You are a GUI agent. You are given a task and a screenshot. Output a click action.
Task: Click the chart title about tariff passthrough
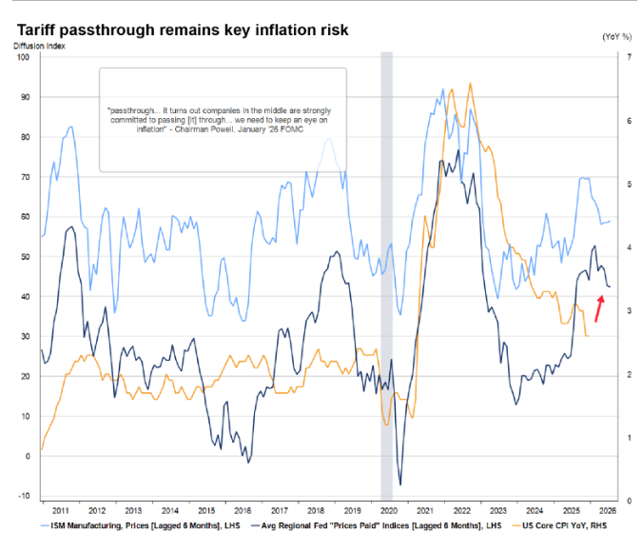click(x=181, y=30)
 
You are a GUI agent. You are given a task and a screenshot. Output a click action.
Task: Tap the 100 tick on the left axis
click(x=24, y=57)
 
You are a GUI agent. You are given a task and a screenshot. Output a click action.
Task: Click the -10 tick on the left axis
click(x=24, y=496)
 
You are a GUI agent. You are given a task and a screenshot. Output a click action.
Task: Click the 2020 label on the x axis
click(x=387, y=509)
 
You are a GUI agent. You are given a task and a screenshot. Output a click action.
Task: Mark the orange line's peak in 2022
click(x=469, y=84)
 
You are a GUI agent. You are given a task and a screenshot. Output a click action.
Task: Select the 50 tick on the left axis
click(x=26, y=257)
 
